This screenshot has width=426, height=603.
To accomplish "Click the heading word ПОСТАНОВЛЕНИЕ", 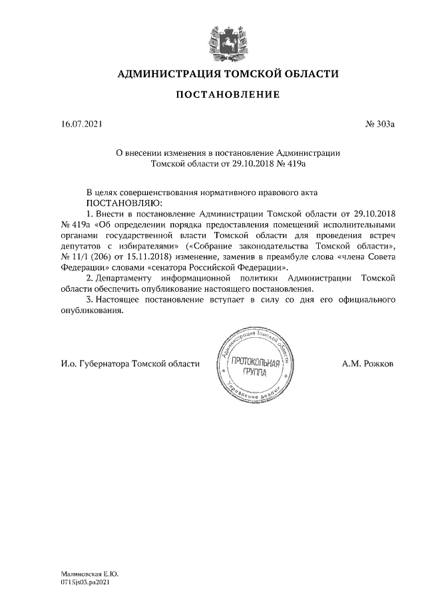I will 228,96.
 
